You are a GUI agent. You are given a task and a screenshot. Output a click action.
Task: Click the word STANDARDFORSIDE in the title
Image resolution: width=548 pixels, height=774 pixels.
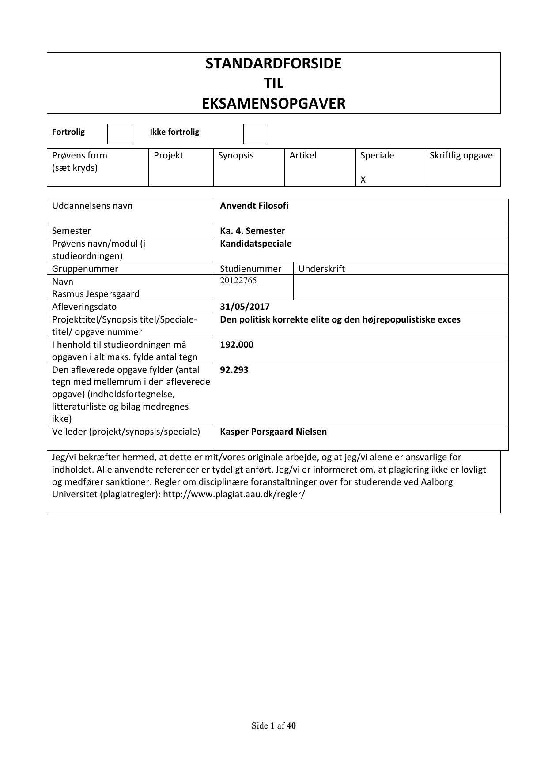click(x=273, y=64)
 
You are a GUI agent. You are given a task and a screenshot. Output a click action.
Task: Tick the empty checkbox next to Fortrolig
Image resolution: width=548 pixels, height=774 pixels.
click(x=120, y=134)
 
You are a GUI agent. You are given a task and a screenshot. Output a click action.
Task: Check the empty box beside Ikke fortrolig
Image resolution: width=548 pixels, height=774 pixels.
click(x=256, y=134)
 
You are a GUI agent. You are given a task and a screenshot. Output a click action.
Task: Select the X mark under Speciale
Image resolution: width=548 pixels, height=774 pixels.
click(x=363, y=180)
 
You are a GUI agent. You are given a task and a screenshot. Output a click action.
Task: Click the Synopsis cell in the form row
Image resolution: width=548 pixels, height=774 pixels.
click(x=236, y=155)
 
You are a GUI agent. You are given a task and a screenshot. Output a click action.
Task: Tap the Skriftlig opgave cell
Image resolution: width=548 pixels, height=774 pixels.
click(x=461, y=155)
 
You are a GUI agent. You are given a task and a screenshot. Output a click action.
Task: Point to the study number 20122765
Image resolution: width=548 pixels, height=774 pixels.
click(x=238, y=281)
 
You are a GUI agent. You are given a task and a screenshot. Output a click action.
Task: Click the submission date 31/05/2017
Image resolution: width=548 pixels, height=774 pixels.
click(x=245, y=307)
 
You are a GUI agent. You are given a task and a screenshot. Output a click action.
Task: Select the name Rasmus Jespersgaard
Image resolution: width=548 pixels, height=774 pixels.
click(x=95, y=294)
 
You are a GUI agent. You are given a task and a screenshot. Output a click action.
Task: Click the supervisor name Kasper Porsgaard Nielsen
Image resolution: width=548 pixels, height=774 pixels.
click(x=273, y=432)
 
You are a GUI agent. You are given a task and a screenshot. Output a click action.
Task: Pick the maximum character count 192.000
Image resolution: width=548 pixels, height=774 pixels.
click(x=237, y=345)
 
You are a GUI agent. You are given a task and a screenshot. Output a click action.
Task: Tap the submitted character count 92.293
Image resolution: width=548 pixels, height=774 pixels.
click(x=234, y=370)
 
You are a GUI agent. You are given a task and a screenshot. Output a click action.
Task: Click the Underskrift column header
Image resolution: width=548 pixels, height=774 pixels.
click(x=321, y=269)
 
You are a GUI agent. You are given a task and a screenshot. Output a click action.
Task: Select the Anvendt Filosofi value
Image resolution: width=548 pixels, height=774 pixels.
click(x=254, y=206)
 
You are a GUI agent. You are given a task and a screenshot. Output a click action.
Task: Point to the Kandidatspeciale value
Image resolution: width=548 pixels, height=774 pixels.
click(x=256, y=244)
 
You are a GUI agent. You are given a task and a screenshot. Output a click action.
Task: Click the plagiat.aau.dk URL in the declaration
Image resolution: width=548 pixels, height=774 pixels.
click(x=234, y=494)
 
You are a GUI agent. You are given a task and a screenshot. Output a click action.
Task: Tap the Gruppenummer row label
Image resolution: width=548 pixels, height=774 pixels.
click(x=85, y=269)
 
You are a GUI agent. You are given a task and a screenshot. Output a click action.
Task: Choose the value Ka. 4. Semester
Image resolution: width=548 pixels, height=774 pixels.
click(x=252, y=231)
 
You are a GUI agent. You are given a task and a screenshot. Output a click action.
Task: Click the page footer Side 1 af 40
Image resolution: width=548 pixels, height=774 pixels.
click(x=273, y=725)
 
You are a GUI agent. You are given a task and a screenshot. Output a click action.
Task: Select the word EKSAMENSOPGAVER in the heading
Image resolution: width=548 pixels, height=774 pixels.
click(x=273, y=104)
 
